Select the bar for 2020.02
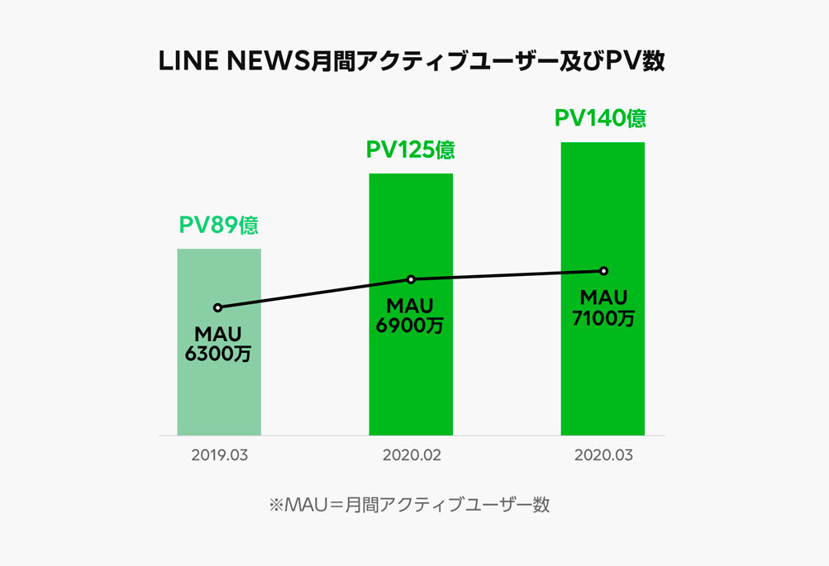[x=411, y=380]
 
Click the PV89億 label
[x=219, y=225]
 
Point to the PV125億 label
[x=411, y=150]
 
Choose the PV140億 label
[x=600, y=118]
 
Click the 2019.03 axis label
[x=219, y=455]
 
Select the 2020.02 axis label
[x=411, y=455]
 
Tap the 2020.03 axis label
[x=603, y=455]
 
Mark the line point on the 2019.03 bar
[x=217, y=307]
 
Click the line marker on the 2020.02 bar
[x=411, y=279]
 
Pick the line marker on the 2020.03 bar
[x=603, y=271]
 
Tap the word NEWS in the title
[x=266, y=63]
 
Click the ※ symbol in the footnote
[x=276, y=505]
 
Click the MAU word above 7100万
[x=603, y=297]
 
